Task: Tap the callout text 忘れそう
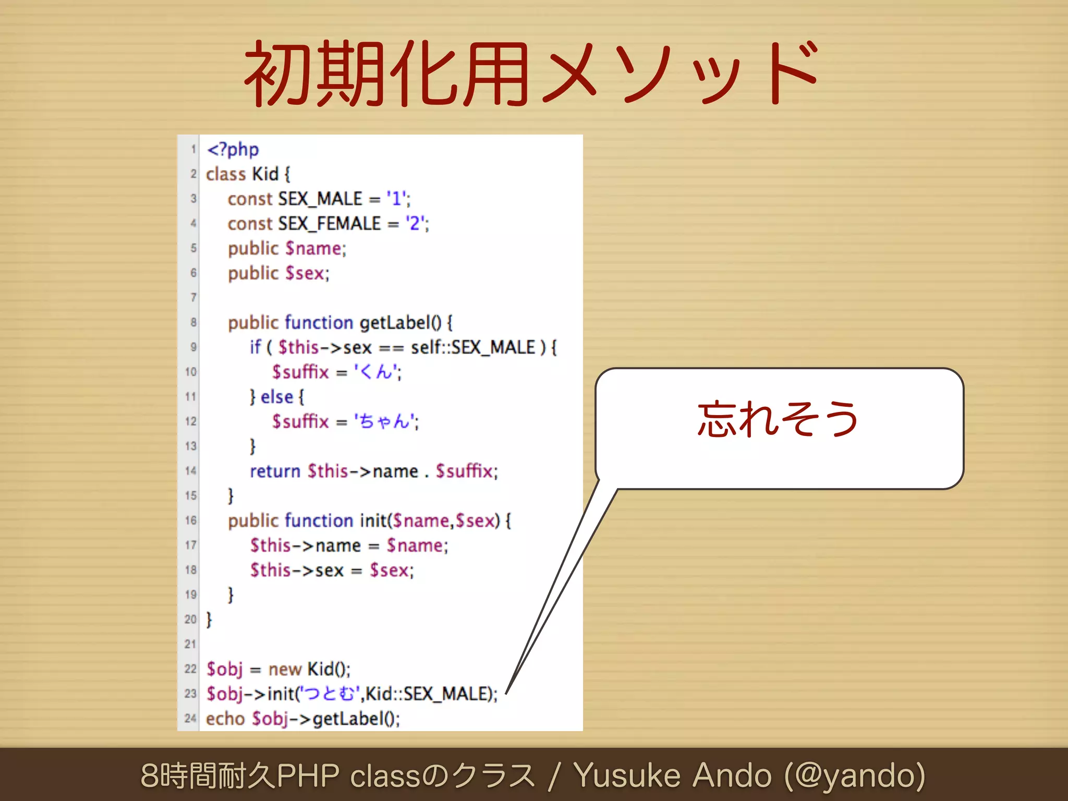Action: coord(778,419)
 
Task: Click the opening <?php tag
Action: coord(233,150)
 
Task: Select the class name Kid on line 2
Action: coord(265,174)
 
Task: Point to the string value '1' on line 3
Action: coord(397,199)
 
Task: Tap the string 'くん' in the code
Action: coord(377,372)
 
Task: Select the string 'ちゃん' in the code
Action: coord(385,421)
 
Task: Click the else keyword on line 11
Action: coord(277,397)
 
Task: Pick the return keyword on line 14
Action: coord(275,471)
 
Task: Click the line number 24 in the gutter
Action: coord(190,719)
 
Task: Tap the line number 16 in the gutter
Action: coord(190,520)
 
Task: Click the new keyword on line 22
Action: coord(285,669)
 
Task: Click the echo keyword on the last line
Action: coord(225,719)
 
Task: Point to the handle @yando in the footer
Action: coord(855,775)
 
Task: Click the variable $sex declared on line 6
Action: coord(305,273)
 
